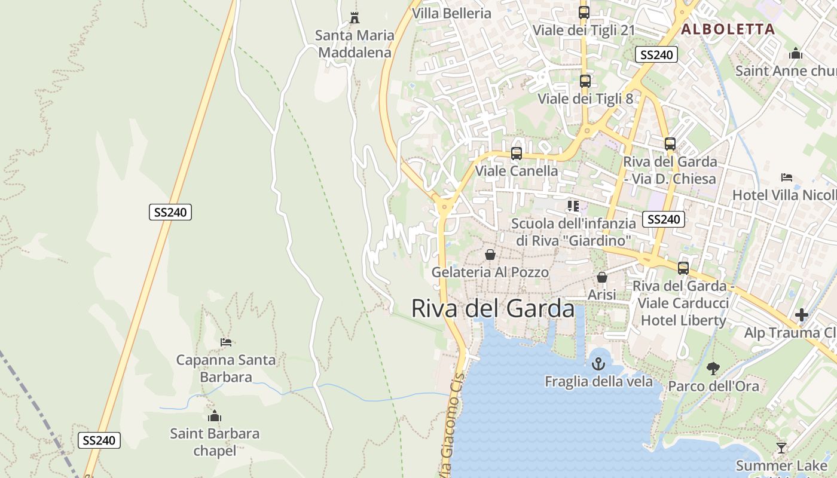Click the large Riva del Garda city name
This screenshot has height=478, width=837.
493,309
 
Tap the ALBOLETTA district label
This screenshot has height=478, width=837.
728,29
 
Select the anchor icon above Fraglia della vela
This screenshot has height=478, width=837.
598,363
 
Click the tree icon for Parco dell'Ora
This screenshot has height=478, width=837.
713,368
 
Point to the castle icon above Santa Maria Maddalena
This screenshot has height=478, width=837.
355,18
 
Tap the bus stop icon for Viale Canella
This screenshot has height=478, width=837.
517,154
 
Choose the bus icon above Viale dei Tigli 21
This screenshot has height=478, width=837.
584,13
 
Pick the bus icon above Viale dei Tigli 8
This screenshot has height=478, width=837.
585,81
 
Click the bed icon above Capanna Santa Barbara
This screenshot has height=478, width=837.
226,342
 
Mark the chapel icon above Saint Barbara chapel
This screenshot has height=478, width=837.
215,416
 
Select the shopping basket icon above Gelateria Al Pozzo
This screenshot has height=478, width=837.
490,255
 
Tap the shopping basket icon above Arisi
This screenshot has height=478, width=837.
602,278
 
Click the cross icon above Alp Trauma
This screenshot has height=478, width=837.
802,315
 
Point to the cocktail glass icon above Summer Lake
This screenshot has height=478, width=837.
781,448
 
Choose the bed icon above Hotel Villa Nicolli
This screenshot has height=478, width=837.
787,177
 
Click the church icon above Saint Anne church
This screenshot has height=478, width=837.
795,54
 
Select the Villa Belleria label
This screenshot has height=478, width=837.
451,13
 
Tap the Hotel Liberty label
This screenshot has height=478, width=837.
683,320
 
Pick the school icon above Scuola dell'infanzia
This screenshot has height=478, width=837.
573,206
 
